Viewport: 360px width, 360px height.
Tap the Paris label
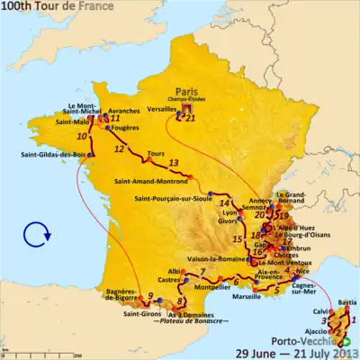(185, 89)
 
